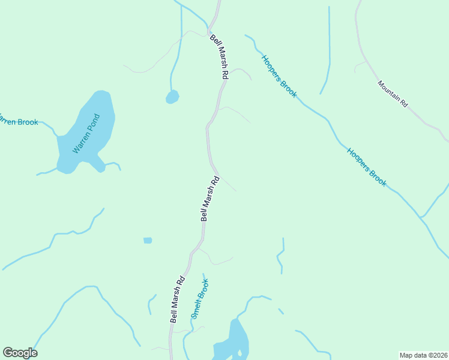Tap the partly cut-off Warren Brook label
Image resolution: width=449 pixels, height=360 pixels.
tap(19, 122)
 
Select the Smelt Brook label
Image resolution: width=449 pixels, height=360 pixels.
tap(199, 299)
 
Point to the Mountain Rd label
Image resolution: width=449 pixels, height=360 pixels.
tap(393, 94)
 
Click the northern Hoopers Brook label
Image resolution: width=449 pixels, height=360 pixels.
tap(279, 76)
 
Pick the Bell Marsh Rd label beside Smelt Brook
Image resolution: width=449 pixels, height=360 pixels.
tap(177, 299)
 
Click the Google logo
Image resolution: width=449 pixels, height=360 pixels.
tap(20, 353)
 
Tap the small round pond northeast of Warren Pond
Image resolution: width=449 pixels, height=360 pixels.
tap(172, 97)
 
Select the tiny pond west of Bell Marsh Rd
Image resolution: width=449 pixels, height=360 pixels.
tap(148, 241)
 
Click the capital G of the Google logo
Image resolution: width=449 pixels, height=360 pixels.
tap(8, 352)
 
